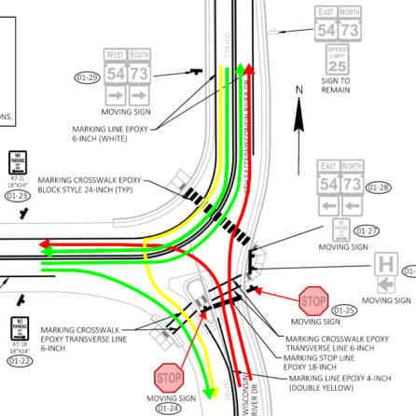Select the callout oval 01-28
tap(379, 187)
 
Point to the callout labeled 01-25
tap(345, 310)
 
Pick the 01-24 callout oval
tap(169, 408)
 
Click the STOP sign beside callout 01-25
tap(313, 300)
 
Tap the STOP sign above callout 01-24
tap(169, 378)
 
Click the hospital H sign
tap(387, 265)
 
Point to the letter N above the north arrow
tap(298, 90)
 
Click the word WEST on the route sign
tap(115, 53)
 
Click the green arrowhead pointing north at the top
tap(241, 68)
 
